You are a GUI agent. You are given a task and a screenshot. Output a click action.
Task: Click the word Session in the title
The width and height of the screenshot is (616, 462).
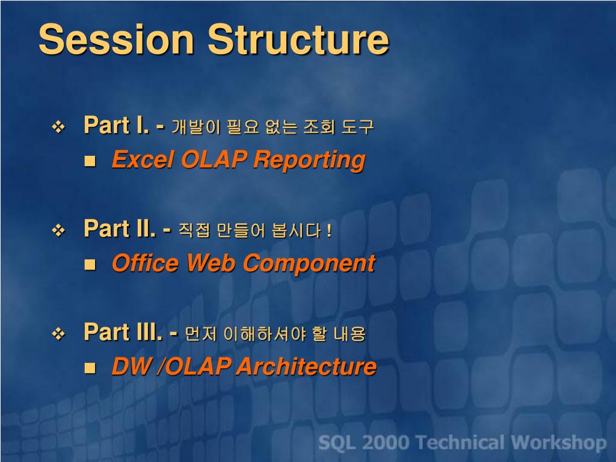116,39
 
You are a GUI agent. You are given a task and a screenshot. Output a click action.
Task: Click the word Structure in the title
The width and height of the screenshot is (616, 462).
298,39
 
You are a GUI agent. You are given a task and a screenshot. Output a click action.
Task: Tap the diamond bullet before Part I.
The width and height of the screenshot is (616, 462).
58,127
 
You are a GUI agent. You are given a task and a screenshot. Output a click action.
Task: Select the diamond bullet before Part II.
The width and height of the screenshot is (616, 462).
58,230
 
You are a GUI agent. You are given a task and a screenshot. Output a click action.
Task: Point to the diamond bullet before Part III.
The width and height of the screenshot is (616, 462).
58,334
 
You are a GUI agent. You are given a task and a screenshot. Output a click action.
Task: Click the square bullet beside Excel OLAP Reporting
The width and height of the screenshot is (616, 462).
90,161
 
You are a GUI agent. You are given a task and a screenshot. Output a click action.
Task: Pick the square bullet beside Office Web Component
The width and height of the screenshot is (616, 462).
90,265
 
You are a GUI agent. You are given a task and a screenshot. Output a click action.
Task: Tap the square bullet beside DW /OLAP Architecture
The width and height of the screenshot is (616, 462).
90,368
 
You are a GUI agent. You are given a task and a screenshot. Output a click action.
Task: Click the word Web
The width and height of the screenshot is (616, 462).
211,263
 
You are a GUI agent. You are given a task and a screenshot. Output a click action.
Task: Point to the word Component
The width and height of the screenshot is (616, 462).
309,264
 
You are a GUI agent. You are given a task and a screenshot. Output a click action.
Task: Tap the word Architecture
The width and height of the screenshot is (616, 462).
306,366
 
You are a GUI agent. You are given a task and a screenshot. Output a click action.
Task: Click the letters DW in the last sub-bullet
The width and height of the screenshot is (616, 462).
132,366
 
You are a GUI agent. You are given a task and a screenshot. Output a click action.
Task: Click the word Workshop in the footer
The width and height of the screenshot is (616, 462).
559,443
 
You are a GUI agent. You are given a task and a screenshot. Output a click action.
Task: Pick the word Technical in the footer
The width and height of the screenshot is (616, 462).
460,443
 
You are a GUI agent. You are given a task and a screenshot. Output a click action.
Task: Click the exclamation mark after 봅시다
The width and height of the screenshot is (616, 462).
329,230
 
